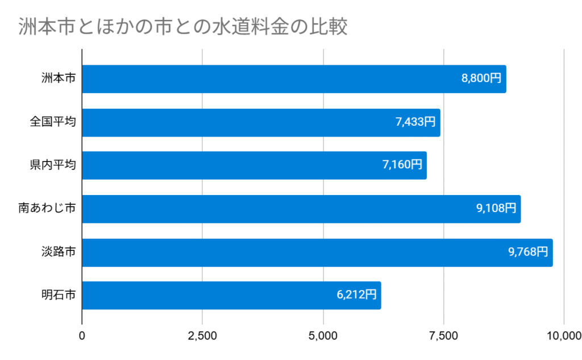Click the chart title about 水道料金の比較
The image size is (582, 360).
tap(182, 27)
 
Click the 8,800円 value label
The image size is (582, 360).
tap(481, 79)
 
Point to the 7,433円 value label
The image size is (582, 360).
tap(415, 122)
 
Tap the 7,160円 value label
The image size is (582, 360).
tap(402, 165)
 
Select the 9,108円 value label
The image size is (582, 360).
tap(496, 209)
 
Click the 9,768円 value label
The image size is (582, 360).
tap(528, 252)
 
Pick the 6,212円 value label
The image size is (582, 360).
tap(356, 295)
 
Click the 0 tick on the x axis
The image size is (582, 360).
tap(82, 336)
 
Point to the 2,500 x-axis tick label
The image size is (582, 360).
tap(202, 336)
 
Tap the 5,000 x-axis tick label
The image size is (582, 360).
tap(323, 336)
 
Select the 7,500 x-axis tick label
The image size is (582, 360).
tap(443, 336)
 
